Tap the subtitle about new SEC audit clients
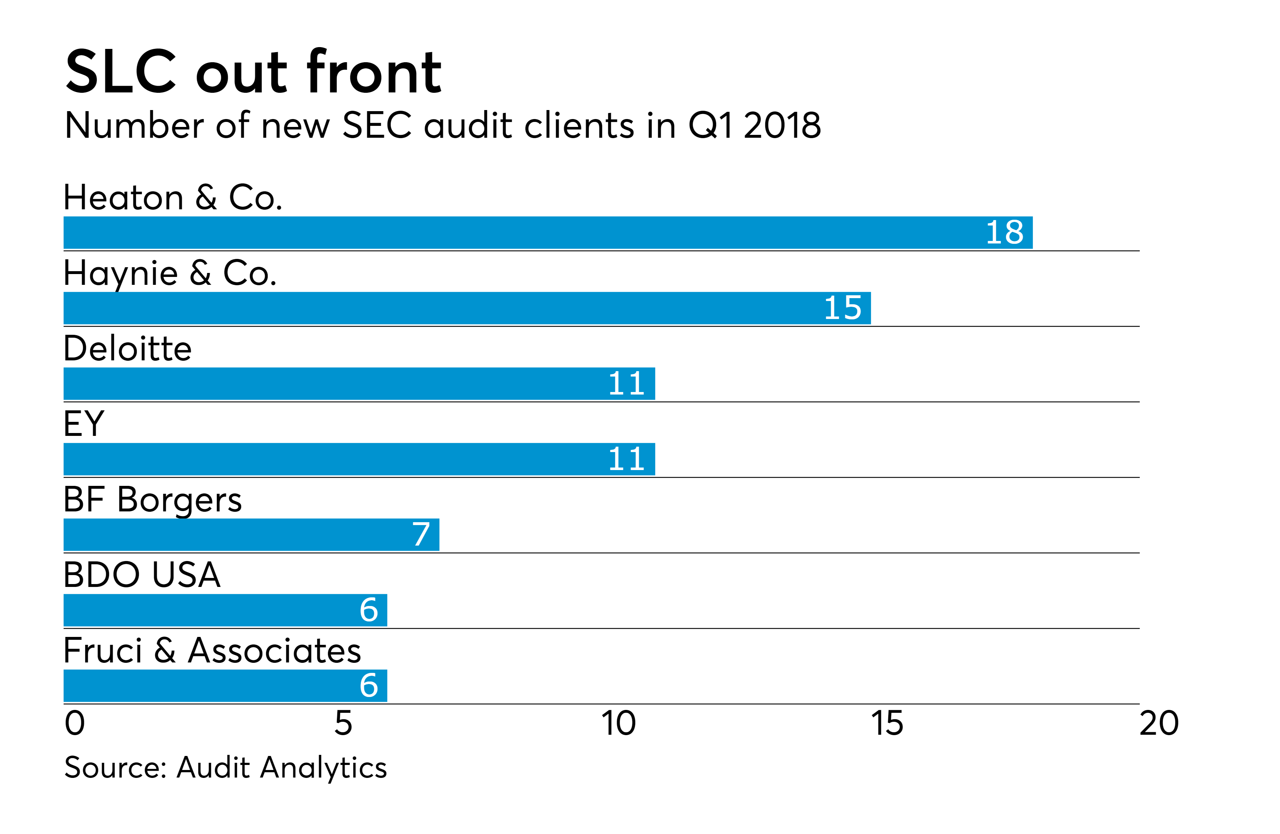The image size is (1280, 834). click(442, 125)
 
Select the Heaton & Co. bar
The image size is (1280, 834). click(547, 232)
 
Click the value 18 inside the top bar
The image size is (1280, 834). click(1004, 232)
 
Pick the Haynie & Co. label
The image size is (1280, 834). click(170, 273)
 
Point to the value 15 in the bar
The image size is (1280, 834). click(842, 308)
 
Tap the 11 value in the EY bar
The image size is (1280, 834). click(626, 459)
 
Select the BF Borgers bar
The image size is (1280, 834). click(251, 534)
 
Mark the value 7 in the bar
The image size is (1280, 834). click(421, 534)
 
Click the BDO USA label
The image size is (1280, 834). click(142, 575)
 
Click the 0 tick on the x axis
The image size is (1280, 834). click(75, 723)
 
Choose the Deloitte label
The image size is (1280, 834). click(127, 348)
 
